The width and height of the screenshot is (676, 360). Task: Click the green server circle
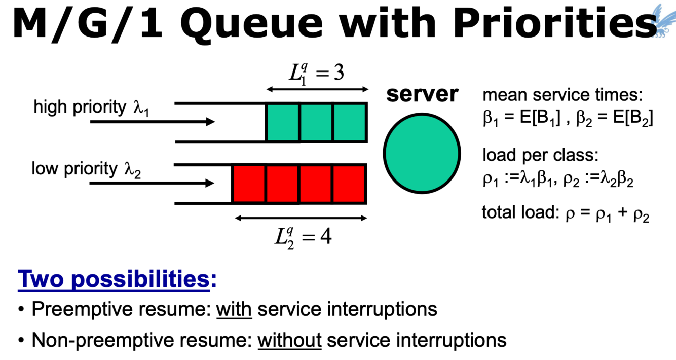(x=422, y=153)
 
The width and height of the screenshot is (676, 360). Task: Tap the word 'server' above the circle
(x=422, y=94)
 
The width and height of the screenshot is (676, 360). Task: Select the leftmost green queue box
(x=283, y=122)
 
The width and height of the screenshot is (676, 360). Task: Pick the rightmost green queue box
(x=350, y=122)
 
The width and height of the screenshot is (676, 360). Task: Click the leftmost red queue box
(x=249, y=184)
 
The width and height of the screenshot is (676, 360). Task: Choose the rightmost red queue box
(x=350, y=184)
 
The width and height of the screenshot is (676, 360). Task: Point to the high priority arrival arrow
(x=152, y=122)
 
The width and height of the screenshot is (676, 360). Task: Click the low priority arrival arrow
(x=152, y=183)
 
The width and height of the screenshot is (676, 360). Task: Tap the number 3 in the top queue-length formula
(x=339, y=73)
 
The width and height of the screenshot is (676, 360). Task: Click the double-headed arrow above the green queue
(x=318, y=90)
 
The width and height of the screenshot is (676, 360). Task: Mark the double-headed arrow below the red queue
(x=301, y=219)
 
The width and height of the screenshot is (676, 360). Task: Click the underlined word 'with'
(x=234, y=309)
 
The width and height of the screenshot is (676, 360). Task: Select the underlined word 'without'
(x=289, y=340)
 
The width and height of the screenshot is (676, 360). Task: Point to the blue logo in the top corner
(x=664, y=20)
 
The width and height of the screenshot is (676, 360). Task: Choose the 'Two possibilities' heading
(x=114, y=279)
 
